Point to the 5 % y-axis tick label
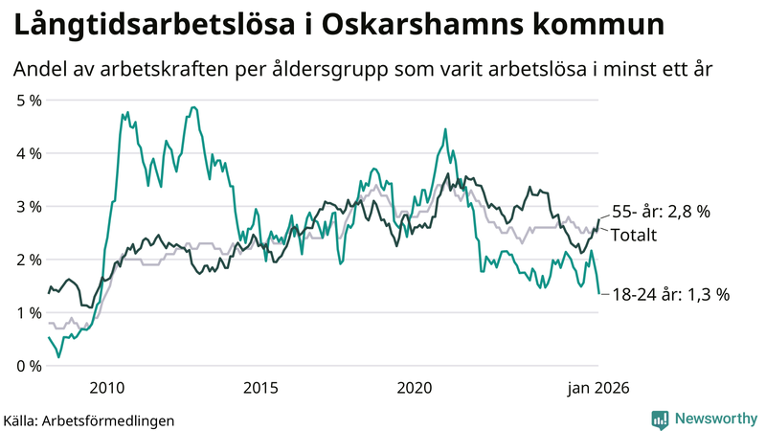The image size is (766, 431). [29, 100]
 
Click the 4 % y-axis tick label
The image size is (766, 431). [29, 153]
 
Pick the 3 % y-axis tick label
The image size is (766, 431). [29, 206]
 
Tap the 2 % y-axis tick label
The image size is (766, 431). [29, 260]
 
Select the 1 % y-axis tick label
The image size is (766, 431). [29, 312]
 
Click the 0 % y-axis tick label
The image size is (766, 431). [29, 366]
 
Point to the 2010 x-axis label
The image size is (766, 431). [106, 388]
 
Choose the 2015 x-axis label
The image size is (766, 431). [260, 388]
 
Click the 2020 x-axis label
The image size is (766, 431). [415, 388]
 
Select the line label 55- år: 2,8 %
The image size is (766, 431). [660, 213]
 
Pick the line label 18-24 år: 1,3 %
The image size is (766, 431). [669, 295]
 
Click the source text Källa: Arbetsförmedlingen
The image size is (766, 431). [89, 420]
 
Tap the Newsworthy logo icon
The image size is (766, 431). [660, 419]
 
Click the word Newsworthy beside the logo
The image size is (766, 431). [714, 419]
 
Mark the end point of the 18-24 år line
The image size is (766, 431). [599, 294]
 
